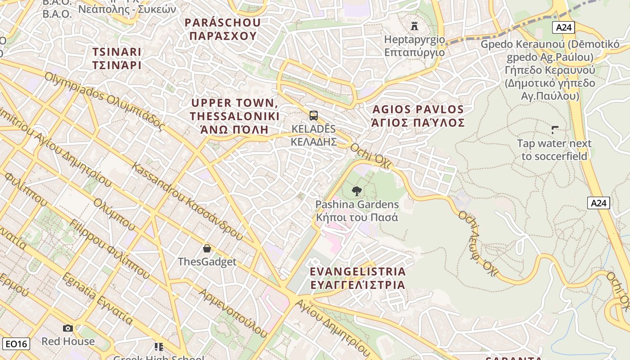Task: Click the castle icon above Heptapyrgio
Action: coord(414,26)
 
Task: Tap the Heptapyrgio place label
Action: coord(414,46)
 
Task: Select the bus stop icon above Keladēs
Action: coord(314,116)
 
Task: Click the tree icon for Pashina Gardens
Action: coord(356,191)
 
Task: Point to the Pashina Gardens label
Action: coord(357,211)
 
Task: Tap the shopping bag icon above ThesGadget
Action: coord(207,248)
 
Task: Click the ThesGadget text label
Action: coord(207,261)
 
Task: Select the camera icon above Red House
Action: coord(68,328)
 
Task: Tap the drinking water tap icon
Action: coord(555,130)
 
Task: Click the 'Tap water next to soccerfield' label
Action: coord(554,150)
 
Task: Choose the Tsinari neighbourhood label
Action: coord(117,58)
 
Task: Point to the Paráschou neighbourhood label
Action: coord(223,29)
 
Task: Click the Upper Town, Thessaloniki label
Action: coord(234,116)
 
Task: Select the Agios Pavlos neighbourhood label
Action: coord(418,116)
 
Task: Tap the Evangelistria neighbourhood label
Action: coord(358,278)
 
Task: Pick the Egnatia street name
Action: coord(97,299)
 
